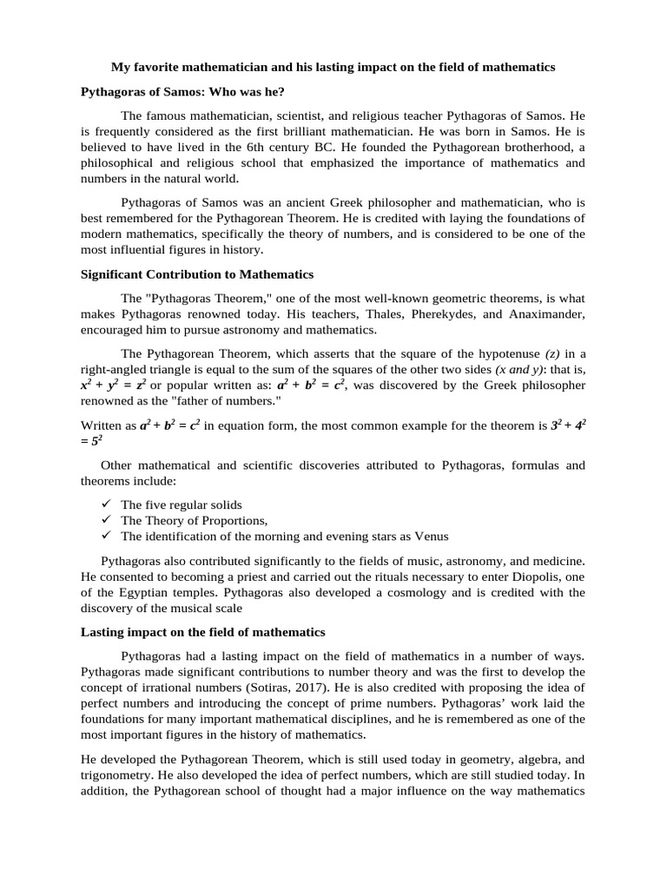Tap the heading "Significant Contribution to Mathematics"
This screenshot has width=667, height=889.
click(x=196, y=274)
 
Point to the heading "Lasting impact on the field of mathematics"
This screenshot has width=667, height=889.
click(x=202, y=631)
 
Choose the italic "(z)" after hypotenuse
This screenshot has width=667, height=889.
click(x=553, y=353)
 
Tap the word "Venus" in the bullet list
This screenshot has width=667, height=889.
click(x=432, y=536)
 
